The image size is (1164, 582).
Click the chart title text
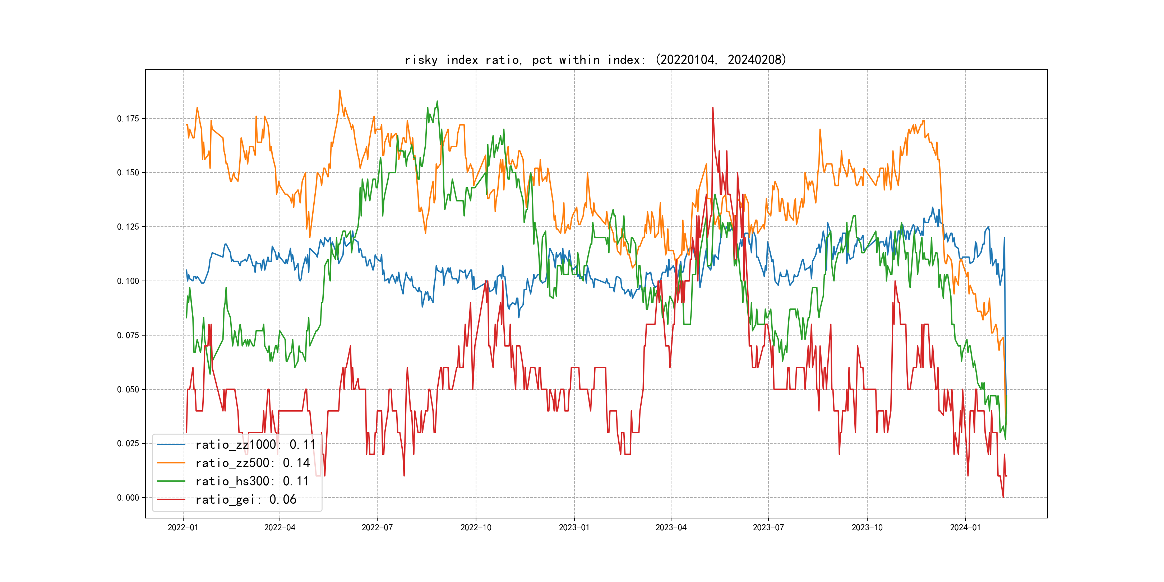(x=595, y=60)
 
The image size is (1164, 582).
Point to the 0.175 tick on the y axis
(x=128, y=119)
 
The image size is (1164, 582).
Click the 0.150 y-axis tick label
(x=128, y=172)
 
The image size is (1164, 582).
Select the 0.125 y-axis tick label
(x=128, y=227)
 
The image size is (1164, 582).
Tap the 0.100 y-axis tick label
(x=128, y=281)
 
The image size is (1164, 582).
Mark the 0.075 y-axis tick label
(x=128, y=335)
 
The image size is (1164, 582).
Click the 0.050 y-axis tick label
(x=128, y=389)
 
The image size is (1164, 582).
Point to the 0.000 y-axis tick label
(x=128, y=498)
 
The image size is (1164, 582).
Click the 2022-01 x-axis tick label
(x=183, y=528)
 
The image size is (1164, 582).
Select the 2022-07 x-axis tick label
(x=377, y=528)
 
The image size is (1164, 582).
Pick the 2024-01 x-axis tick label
(x=965, y=528)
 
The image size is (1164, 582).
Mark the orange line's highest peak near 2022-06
(x=340, y=91)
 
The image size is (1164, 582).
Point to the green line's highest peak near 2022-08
(x=438, y=101)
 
